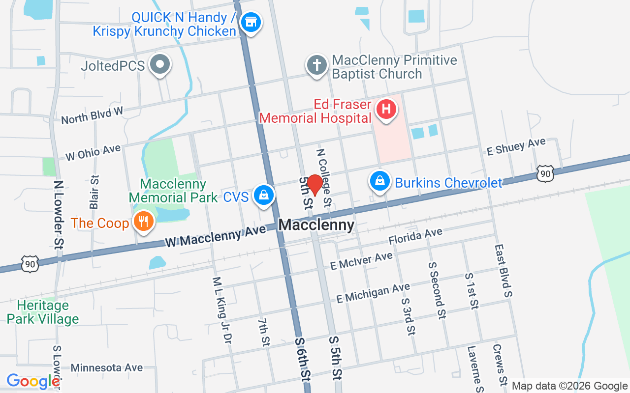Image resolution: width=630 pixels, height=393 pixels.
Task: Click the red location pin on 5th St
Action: point(315,185)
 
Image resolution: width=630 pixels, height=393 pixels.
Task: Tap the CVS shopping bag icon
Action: point(264,195)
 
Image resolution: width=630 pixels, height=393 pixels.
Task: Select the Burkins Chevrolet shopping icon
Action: point(379,181)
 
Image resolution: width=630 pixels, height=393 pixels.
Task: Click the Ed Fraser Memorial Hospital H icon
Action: point(386,109)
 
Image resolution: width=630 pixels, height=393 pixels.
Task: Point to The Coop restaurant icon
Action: point(143,222)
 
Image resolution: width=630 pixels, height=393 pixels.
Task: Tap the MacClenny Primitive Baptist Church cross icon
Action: point(316,65)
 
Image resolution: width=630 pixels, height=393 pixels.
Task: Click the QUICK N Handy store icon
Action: point(251,22)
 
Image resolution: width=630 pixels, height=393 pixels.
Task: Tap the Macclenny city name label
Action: point(316,225)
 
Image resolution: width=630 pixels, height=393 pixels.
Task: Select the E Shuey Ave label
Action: point(516,146)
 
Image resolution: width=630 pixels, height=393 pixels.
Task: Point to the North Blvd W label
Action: point(92,115)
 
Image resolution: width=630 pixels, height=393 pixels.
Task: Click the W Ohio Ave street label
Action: point(93,152)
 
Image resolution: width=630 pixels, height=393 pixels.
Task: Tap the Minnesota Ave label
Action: point(107,367)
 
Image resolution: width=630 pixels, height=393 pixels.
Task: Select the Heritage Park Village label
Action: point(43,312)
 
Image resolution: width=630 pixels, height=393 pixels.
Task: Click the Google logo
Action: point(33,381)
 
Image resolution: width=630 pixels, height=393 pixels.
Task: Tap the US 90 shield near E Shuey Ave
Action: point(546,173)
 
